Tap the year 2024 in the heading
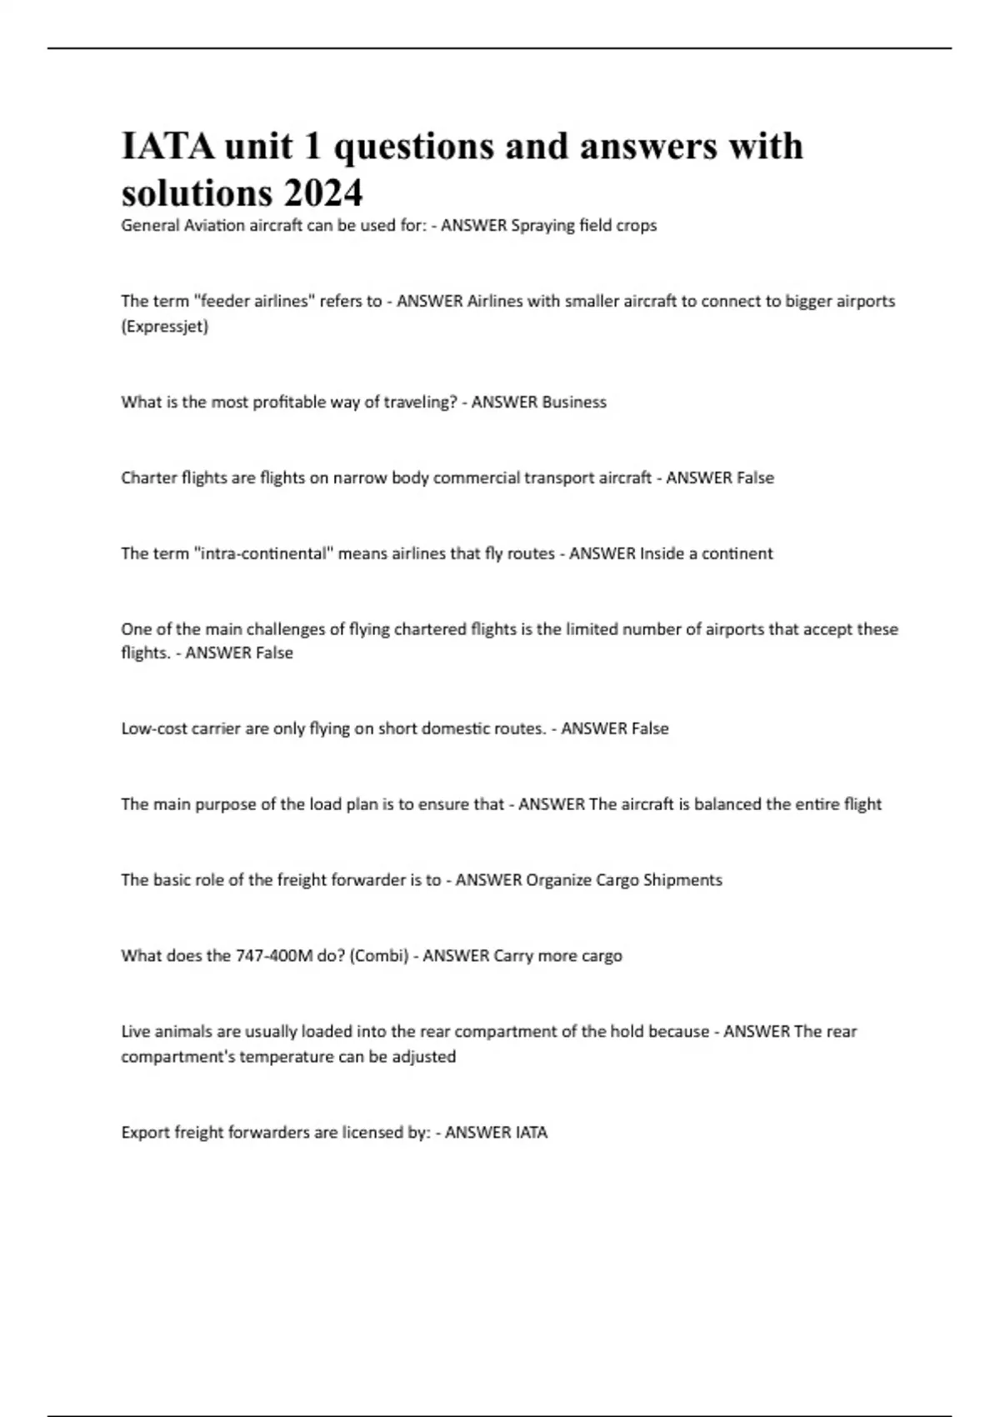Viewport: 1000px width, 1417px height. (322, 194)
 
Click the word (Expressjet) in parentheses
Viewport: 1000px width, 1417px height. (165, 327)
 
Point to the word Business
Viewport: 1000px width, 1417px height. (574, 403)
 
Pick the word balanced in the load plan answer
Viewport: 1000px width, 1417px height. (727, 805)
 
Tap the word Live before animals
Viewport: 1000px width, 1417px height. (136, 1032)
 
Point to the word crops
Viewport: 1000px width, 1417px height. (637, 226)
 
